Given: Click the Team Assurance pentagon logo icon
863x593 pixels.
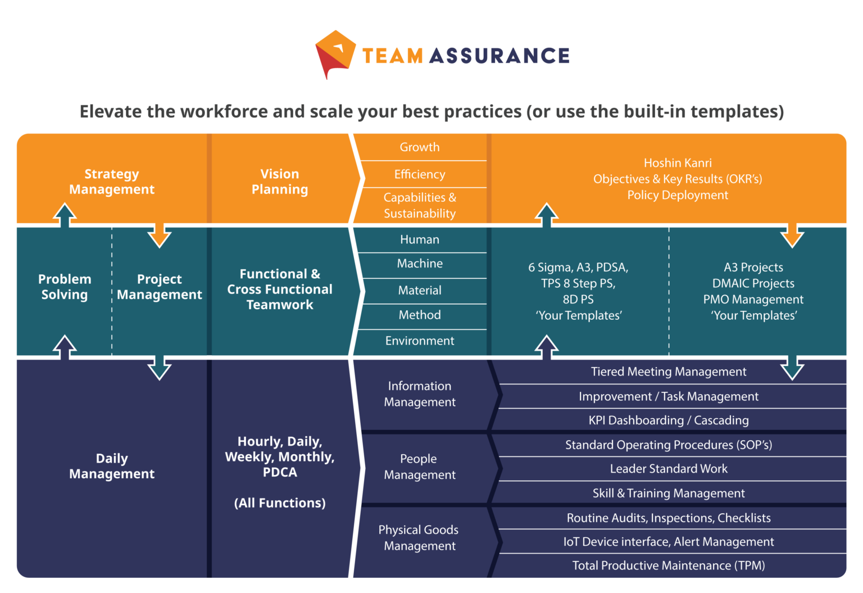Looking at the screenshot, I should pyautogui.click(x=335, y=53).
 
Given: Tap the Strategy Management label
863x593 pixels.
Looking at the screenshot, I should pyautogui.click(x=112, y=182).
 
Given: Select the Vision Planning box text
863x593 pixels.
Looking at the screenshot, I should pyautogui.click(x=280, y=182).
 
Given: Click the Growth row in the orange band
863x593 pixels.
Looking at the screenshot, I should pyautogui.click(x=420, y=147).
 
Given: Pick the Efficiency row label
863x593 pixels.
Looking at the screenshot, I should pyautogui.click(x=420, y=174).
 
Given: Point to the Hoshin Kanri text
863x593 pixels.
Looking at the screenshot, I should pyautogui.click(x=678, y=163).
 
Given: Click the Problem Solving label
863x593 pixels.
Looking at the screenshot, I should pyautogui.click(x=65, y=287).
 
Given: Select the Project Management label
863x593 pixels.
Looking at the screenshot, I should pyautogui.click(x=160, y=287).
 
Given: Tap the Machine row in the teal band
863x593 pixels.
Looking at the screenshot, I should pyautogui.click(x=420, y=264).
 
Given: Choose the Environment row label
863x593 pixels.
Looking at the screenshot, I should pyautogui.click(x=420, y=341).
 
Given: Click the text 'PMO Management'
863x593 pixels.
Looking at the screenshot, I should pyautogui.click(x=753, y=300).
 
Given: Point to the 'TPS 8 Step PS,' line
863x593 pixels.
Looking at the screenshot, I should pyautogui.click(x=578, y=283).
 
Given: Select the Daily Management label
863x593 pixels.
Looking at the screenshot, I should pyautogui.click(x=112, y=466).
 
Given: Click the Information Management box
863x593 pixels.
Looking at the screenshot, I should pyautogui.click(x=420, y=394).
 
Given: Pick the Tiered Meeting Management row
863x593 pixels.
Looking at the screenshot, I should pyautogui.click(x=669, y=372).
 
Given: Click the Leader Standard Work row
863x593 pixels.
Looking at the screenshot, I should pyautogui.click(x=669, y=469).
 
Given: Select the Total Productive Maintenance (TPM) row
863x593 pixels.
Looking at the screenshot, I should pyautogui.click(x=669, y=565).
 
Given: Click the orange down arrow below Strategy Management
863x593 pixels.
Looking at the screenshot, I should pyautogui.click(x=160, y=234).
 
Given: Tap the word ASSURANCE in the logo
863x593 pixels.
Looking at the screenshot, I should pyautogui.click(x=499, y=56).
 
